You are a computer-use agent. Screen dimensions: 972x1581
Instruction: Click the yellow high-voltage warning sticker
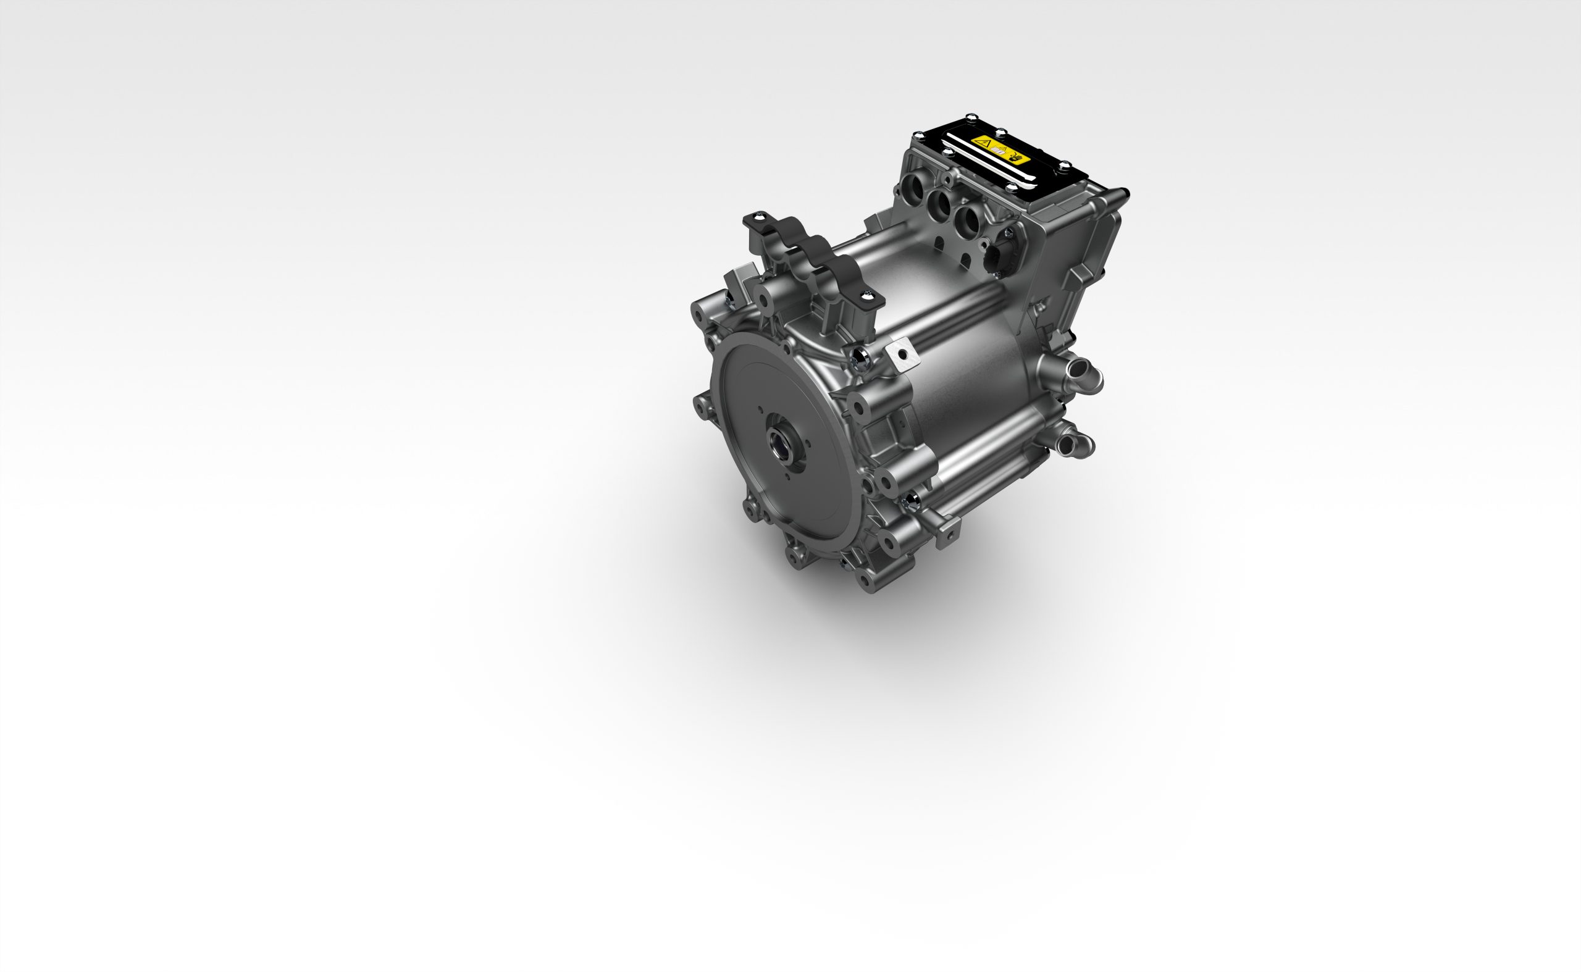(1001, 151)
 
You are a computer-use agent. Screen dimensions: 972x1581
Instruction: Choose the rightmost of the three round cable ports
(968, 222)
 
